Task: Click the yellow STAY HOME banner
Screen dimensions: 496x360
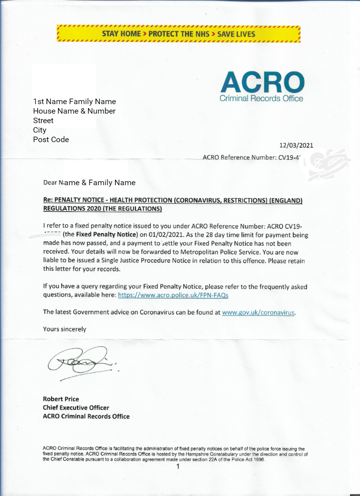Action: pos(178,34)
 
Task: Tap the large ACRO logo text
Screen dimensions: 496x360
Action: pos(261,82)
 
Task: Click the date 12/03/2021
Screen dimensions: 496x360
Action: pos(296,146)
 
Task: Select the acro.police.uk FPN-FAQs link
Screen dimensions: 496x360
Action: pos(173,295)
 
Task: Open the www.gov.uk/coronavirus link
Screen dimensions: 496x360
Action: pos(258,312)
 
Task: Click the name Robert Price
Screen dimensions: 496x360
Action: pos(60,399)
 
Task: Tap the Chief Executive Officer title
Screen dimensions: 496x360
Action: pos(76,407)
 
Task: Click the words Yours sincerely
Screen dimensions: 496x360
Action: pos(64,329)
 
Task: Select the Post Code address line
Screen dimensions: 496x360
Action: pos(51,140)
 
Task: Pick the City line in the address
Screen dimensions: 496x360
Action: pos(39,130)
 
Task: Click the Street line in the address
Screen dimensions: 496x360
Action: pos(43,121)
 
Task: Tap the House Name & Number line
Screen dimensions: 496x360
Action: pos(74,111)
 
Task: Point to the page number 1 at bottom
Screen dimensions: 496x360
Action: pos(177,467)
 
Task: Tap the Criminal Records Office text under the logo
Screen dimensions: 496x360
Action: pos(261,99)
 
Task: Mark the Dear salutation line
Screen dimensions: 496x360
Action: pos(89,183)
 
